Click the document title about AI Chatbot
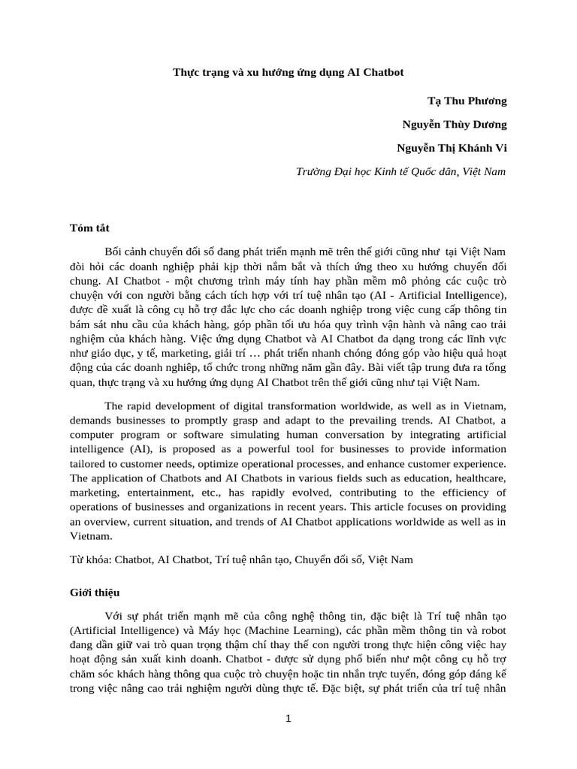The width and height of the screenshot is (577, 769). [x=288, y=73]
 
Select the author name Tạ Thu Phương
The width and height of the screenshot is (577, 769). [x=467, y=101]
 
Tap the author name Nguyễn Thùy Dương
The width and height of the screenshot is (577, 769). [x=455, y=124]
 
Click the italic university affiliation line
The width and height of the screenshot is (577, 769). [x=401, y=171]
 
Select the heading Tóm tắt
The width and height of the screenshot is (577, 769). [x=90, y=228]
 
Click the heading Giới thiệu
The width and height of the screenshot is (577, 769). [x=95, y=593]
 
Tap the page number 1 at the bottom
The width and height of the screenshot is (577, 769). [x=288, y=719]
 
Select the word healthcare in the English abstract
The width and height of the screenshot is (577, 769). [x=479, y=478]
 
